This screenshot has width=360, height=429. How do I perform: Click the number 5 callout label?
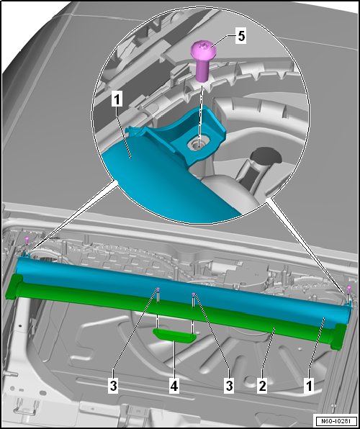tap(241, 36)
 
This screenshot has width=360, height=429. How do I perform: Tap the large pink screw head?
tap(204, 50)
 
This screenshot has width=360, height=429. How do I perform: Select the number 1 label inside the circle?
tap(117, 99)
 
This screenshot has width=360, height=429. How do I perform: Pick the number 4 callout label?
tap(174, 387)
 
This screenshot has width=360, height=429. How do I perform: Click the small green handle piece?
tap(174, 335)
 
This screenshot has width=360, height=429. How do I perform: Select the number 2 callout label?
tap(261, 387)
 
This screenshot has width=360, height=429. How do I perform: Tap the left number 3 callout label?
tap(113, 387)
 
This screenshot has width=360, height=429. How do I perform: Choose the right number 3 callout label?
tap(229, 387)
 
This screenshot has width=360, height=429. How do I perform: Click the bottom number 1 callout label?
tap(309, 387)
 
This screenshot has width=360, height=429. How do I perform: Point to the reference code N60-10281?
tap(336, 420)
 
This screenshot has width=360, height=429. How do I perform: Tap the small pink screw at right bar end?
tap(348, 288)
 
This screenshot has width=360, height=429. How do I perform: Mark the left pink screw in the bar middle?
tap(158, 289)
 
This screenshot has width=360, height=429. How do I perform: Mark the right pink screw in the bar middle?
tap(194, 294)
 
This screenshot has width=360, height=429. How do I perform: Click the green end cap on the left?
tap(14, 286)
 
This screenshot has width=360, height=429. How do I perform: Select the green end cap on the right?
tap(338, 337)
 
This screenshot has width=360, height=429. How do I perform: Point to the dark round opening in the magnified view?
tap(265, 156)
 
